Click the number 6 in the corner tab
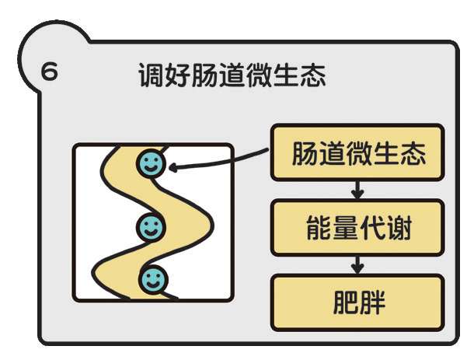(x=49, y=73)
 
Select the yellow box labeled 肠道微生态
(x=357, y=152)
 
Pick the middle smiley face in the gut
(x=151, y=228)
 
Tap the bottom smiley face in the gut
(x=154, y=278)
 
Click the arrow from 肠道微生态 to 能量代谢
(x=357, y=189)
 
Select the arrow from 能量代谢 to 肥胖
(x=357, y=264)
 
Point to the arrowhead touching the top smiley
(x=173, y=166)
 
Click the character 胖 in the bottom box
(x=375, y=302)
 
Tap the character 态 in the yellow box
(x=413, y=152)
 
